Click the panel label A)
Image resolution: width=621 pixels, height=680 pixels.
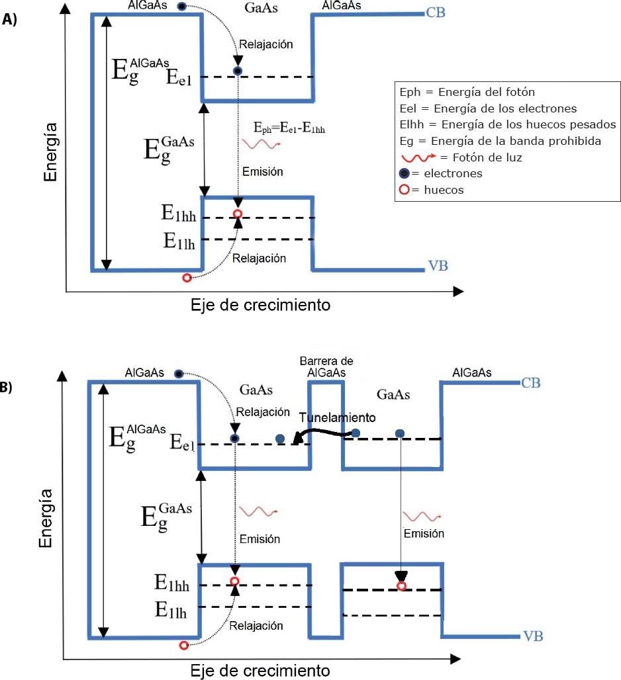[x=9, y=20]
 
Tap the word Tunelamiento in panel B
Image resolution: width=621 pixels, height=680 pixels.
[x=338, y=418]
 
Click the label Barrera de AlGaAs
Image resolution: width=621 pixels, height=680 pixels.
[x=326, y=366]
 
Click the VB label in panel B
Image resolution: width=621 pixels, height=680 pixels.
[x=533, y=637]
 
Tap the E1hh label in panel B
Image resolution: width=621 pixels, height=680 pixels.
[x=173, y=582]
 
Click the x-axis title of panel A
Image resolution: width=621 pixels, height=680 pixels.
[x=260, y=306]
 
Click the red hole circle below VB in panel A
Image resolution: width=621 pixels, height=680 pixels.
[x=187, y=278]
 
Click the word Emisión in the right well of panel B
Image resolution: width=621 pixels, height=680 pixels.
[x=424, y=533]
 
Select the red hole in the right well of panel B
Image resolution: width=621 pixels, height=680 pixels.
[x=401, y=586]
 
